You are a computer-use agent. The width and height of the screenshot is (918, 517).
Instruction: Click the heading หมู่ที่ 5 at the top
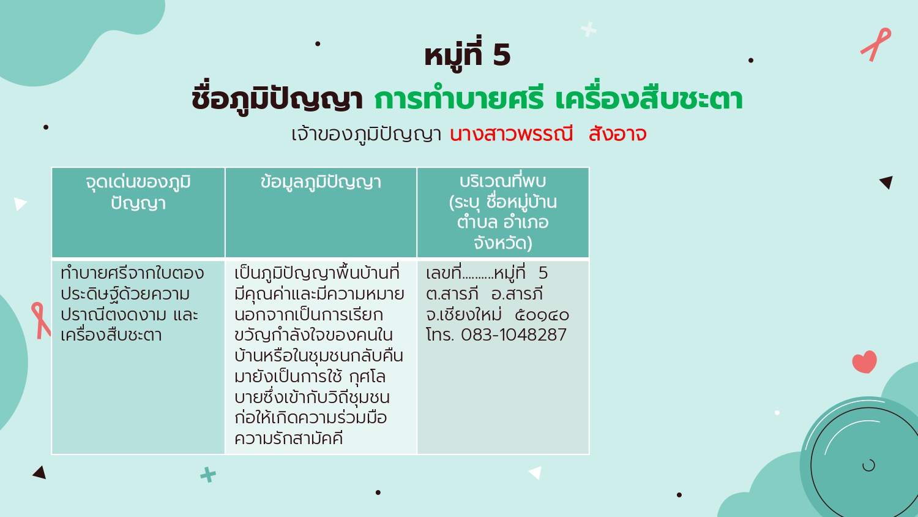(467, 56)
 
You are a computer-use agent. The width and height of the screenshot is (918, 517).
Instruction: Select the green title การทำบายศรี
(459, 99)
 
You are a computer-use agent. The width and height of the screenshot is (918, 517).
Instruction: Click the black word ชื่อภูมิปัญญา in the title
(277, 99)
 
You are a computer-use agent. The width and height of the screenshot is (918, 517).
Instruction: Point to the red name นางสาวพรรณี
(511, 134)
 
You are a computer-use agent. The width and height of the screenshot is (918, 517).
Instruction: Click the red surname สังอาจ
(618, 134)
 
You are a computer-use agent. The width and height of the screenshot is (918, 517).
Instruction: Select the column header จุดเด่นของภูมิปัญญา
(138, 193)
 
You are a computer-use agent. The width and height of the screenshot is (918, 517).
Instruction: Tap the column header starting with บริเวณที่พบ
(503, 212)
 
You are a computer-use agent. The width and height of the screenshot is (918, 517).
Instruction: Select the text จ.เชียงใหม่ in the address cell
(463, 314)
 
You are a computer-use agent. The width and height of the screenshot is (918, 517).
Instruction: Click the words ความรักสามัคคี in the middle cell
(288, 438)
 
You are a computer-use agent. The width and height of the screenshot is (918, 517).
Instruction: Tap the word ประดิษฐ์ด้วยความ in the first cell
(125, 294)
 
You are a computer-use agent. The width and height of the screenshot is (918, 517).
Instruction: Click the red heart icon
(865, 361)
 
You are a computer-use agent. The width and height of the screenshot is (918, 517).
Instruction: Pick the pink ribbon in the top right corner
(876, 44)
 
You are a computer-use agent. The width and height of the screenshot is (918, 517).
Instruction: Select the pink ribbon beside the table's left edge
(41, 320)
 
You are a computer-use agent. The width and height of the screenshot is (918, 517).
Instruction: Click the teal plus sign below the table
(208, 475)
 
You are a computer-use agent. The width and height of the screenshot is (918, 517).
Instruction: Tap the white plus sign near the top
(589, 29)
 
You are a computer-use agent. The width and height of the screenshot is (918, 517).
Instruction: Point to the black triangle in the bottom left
(40, 472)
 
